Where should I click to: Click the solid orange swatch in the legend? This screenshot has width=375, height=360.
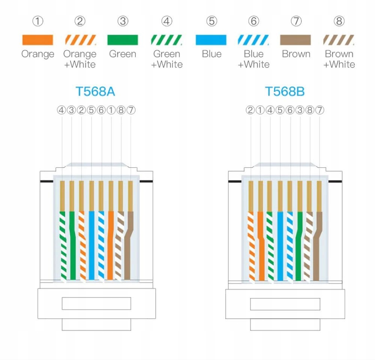coord(37,40)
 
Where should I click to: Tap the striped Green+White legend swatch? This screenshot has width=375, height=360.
coord(166,40)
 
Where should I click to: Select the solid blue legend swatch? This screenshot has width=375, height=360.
coord(211,40)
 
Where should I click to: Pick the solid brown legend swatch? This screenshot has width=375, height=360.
coord(295,40)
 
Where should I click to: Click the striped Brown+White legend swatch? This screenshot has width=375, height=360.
coord(339,40)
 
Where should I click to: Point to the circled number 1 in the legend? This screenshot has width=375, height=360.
coord(37,21)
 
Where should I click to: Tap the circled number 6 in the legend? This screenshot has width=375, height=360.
coord(254,21)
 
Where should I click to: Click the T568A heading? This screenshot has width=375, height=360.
coord(95,91)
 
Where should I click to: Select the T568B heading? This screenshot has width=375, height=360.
coord(285,91)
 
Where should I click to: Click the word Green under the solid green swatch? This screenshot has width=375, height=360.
coord(123,54)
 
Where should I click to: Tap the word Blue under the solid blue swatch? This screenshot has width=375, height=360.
coord(211,54)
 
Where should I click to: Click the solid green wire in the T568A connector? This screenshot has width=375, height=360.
coord(72,247)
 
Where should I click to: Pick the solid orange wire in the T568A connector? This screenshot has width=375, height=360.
coord(110,247)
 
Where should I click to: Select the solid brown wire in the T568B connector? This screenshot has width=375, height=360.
coord(317,247)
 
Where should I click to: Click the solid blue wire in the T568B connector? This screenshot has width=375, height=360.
coord(280,247)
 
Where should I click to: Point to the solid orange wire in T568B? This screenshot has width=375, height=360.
coord(261,247)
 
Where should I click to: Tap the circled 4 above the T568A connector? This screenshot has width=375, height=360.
coord(61,110)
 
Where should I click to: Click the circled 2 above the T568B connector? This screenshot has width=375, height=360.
coord(250,110)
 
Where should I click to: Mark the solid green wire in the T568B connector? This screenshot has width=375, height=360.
coord(299,247)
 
